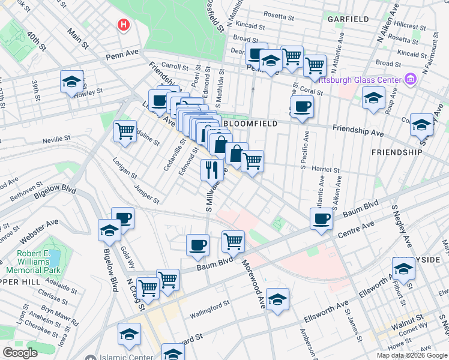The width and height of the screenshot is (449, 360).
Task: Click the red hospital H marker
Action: pyautogui.click(x=124, y=25)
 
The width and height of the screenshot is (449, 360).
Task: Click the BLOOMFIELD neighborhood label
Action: pyautogui.click(x=250, y=123)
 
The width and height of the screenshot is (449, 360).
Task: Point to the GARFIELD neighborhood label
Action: pyautogui.click(x=348, y=19)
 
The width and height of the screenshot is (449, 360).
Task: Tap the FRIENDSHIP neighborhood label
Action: pyautogui.click(x=397, y=152)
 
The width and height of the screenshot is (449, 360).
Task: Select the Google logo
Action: pyautogui.click(x=20, y=353)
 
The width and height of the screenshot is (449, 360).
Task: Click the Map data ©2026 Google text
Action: pyautogui.click(x=412, y=355)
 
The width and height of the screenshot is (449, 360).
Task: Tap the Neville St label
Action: pyautogui.click(x=56, y=141)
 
